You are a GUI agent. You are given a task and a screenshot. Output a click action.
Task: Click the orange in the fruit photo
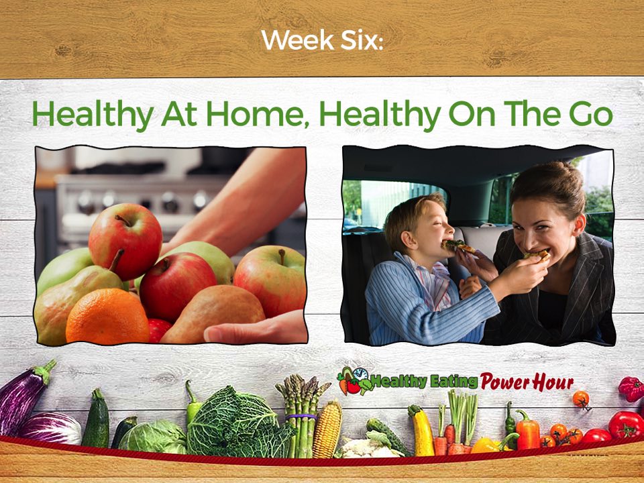coord(107,316)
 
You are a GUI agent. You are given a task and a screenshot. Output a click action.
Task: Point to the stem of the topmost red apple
coord(123,220)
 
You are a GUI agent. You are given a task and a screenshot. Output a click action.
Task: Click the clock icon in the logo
coord(360,374)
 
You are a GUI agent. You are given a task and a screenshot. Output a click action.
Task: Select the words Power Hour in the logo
coord(527,382)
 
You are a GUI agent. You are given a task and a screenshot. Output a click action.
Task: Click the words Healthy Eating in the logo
coord(423,382)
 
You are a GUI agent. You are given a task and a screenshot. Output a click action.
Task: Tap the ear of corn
coord(327,429)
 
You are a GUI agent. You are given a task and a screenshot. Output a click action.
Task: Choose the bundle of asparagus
coord(302,415)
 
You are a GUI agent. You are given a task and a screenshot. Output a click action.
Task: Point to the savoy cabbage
coord(240,423)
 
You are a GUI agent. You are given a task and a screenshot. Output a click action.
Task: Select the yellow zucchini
coord(421,431)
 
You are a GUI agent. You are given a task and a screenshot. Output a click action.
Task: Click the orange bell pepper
coord(528,431)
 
